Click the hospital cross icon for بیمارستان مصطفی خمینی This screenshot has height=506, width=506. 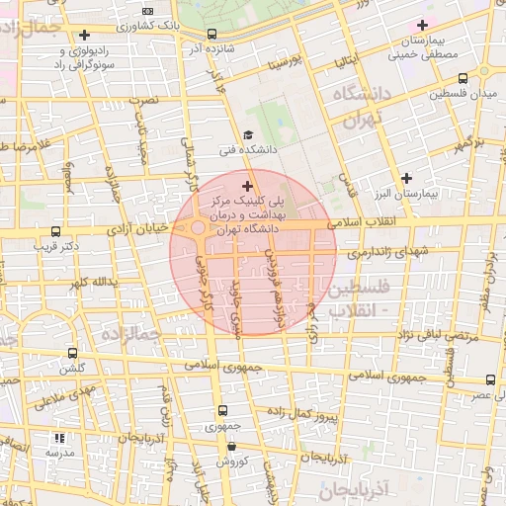point(422,25)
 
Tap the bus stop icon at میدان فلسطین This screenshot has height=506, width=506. point(435,94)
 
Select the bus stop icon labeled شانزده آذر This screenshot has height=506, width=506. point(211,34)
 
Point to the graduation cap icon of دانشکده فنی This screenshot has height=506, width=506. point(247,135)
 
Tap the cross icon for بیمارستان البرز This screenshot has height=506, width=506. point(406,177)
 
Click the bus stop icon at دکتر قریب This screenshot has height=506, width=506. point(55,232)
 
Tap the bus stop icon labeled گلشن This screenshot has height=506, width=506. point(71,353)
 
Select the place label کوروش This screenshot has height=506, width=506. point(230,461)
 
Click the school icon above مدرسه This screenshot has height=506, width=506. point(59,437)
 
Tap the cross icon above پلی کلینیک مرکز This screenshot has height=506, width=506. point(246,185)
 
